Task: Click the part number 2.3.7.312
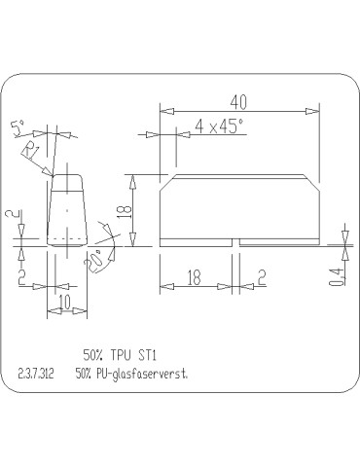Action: [37, 374]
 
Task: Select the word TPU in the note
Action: [120, 355]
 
